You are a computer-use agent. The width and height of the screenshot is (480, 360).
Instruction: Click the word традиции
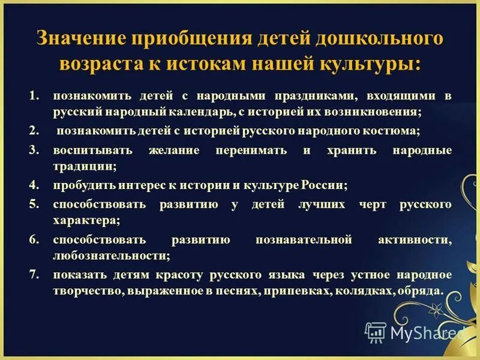[x=85, y=166]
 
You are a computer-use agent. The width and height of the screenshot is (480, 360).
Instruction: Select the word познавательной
[x=302, y=240]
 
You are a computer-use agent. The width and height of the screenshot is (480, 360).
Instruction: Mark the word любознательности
[x=111, y=256]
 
